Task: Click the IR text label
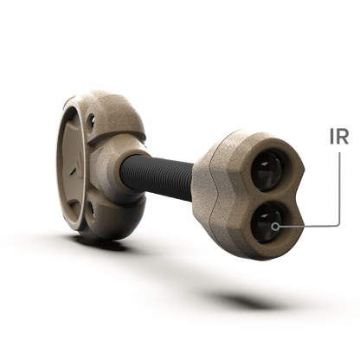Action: (339, 136)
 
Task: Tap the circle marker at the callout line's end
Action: (275, 227)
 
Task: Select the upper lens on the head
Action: (267, 170)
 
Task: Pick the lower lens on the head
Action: (267, 222)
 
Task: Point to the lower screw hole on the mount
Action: (91, 210)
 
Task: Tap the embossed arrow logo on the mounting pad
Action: (76, 168)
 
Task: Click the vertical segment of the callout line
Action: (339, 187)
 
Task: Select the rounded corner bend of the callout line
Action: (338, 224)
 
